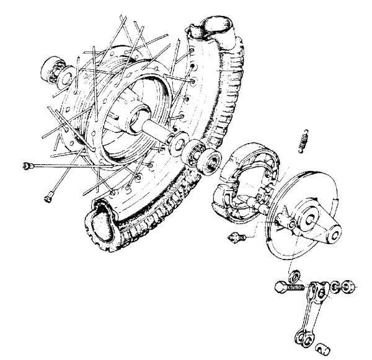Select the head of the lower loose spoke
pyautogui.click(x=48, y=198)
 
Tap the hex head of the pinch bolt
pyautogui.click(x=280, y=289)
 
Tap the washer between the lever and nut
pyautogui.click(x=335, y=287)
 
